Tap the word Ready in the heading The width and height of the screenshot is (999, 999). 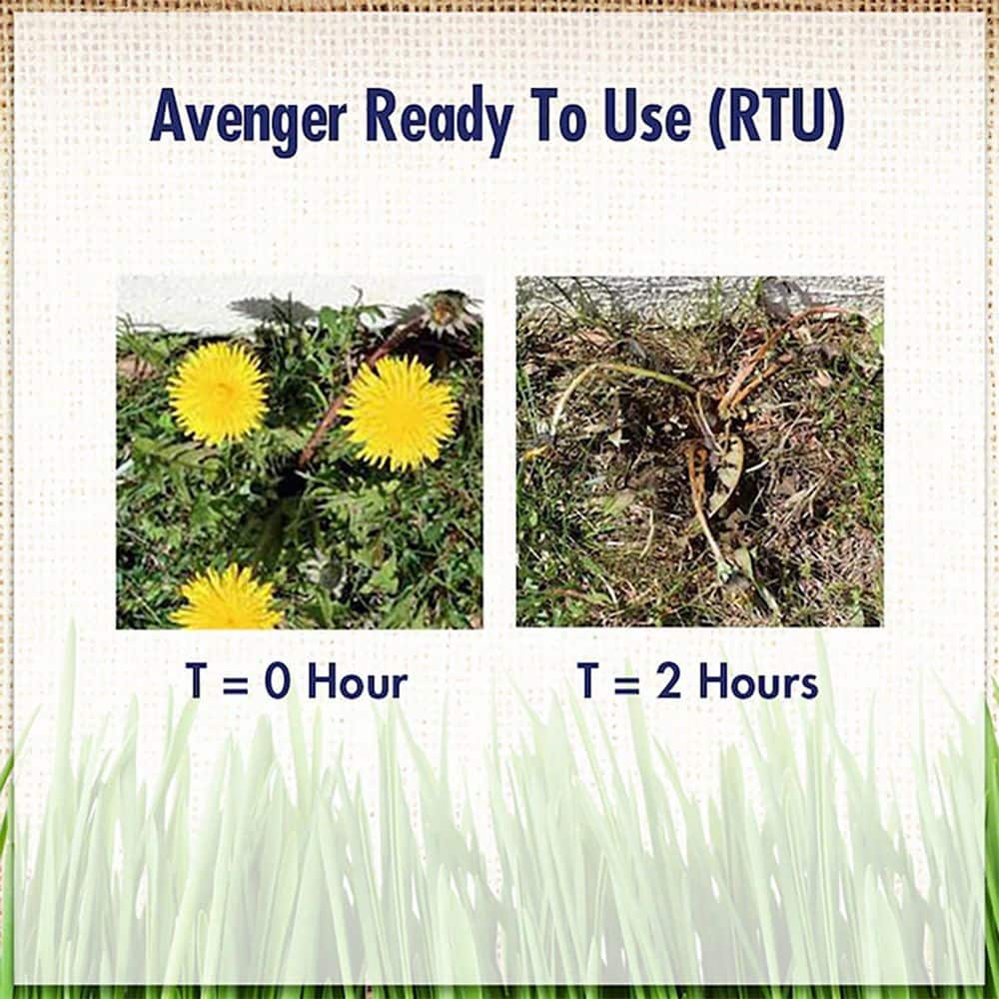point(438,119)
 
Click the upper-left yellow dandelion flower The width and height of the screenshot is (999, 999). point(217,392)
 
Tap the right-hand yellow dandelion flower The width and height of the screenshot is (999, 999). point(399,412)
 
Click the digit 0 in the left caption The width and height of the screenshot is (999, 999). point(275,683)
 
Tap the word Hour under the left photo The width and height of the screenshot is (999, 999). point(357,683)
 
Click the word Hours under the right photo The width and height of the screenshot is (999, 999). point(758,683)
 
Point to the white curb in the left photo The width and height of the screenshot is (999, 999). point(180,310)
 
